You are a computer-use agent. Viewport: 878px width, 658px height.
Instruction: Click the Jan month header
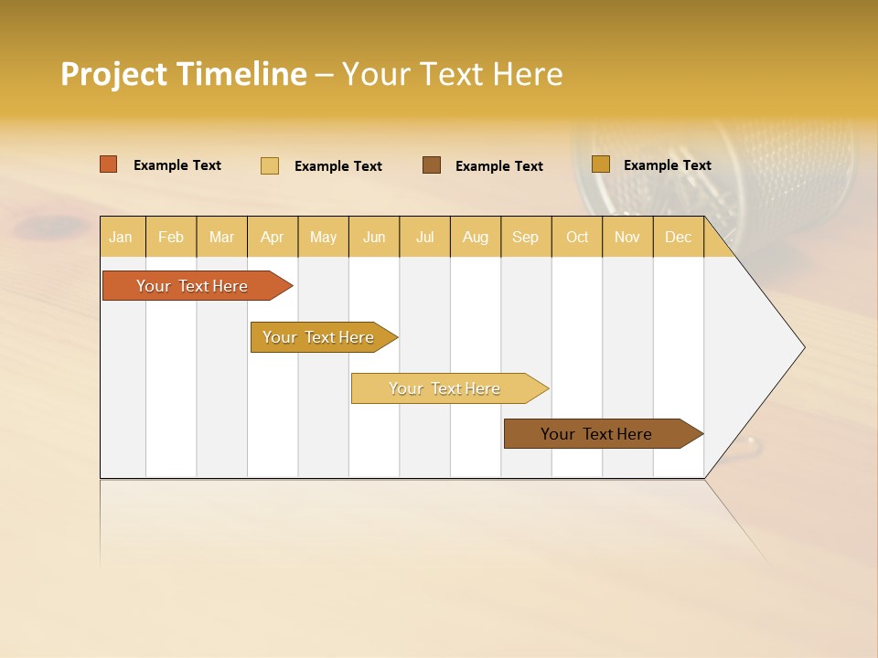[x=122, y=237]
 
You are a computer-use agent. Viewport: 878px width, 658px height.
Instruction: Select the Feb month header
[x=171, y=237]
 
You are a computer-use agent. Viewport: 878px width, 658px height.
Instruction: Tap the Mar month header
[x=221, y=237]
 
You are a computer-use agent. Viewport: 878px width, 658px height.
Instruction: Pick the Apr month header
[x=273, y=237]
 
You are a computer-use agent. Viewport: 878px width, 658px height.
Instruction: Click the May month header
[x=323, y=237]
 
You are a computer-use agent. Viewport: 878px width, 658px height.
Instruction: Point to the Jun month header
[x=374, y=237]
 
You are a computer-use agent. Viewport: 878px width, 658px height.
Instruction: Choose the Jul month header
[x=424, y=237]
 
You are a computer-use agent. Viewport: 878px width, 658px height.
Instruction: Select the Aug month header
[x=476, y=237]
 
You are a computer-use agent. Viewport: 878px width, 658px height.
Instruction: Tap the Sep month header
[x=526, y=237]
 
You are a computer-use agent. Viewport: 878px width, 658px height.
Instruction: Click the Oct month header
[x=577, y=237]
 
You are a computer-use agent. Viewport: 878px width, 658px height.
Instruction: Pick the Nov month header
[x=627, y=237]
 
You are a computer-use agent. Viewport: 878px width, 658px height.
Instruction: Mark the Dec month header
[x=679, y=237]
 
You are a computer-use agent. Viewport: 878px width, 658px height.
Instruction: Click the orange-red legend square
[x=109, y=164]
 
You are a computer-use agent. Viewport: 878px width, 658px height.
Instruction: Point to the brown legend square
[x=432, y=165]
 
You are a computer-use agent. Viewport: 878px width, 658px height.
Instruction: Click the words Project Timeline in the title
[x=184, y=74]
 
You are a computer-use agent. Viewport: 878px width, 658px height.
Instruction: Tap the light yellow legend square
[x=270, y=165]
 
